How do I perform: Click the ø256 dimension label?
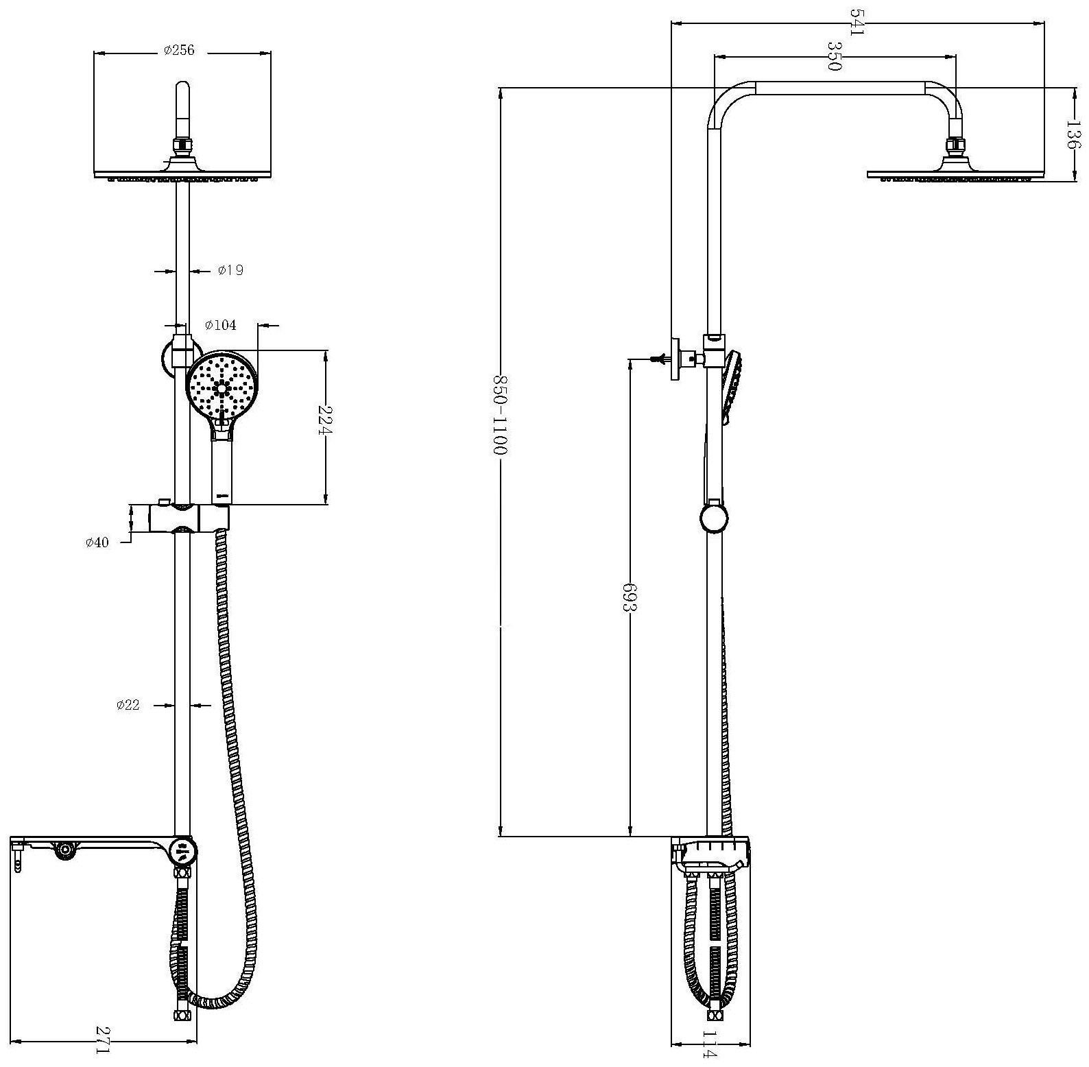tap(179, 51)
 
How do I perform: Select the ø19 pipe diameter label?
tap(230, 270)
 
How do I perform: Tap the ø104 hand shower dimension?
tap(221, 325)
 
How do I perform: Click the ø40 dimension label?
tap(97, 542)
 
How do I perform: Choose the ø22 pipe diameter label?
tap(128, 704)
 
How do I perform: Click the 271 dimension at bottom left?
tap(102, 1040)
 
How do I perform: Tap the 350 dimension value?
tap(834, 56)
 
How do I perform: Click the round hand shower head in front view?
tap(222, 388)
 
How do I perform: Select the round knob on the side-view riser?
tap(713, 517)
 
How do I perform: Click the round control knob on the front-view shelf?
tap(183, 853)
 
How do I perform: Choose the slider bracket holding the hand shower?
tap(188, 518)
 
